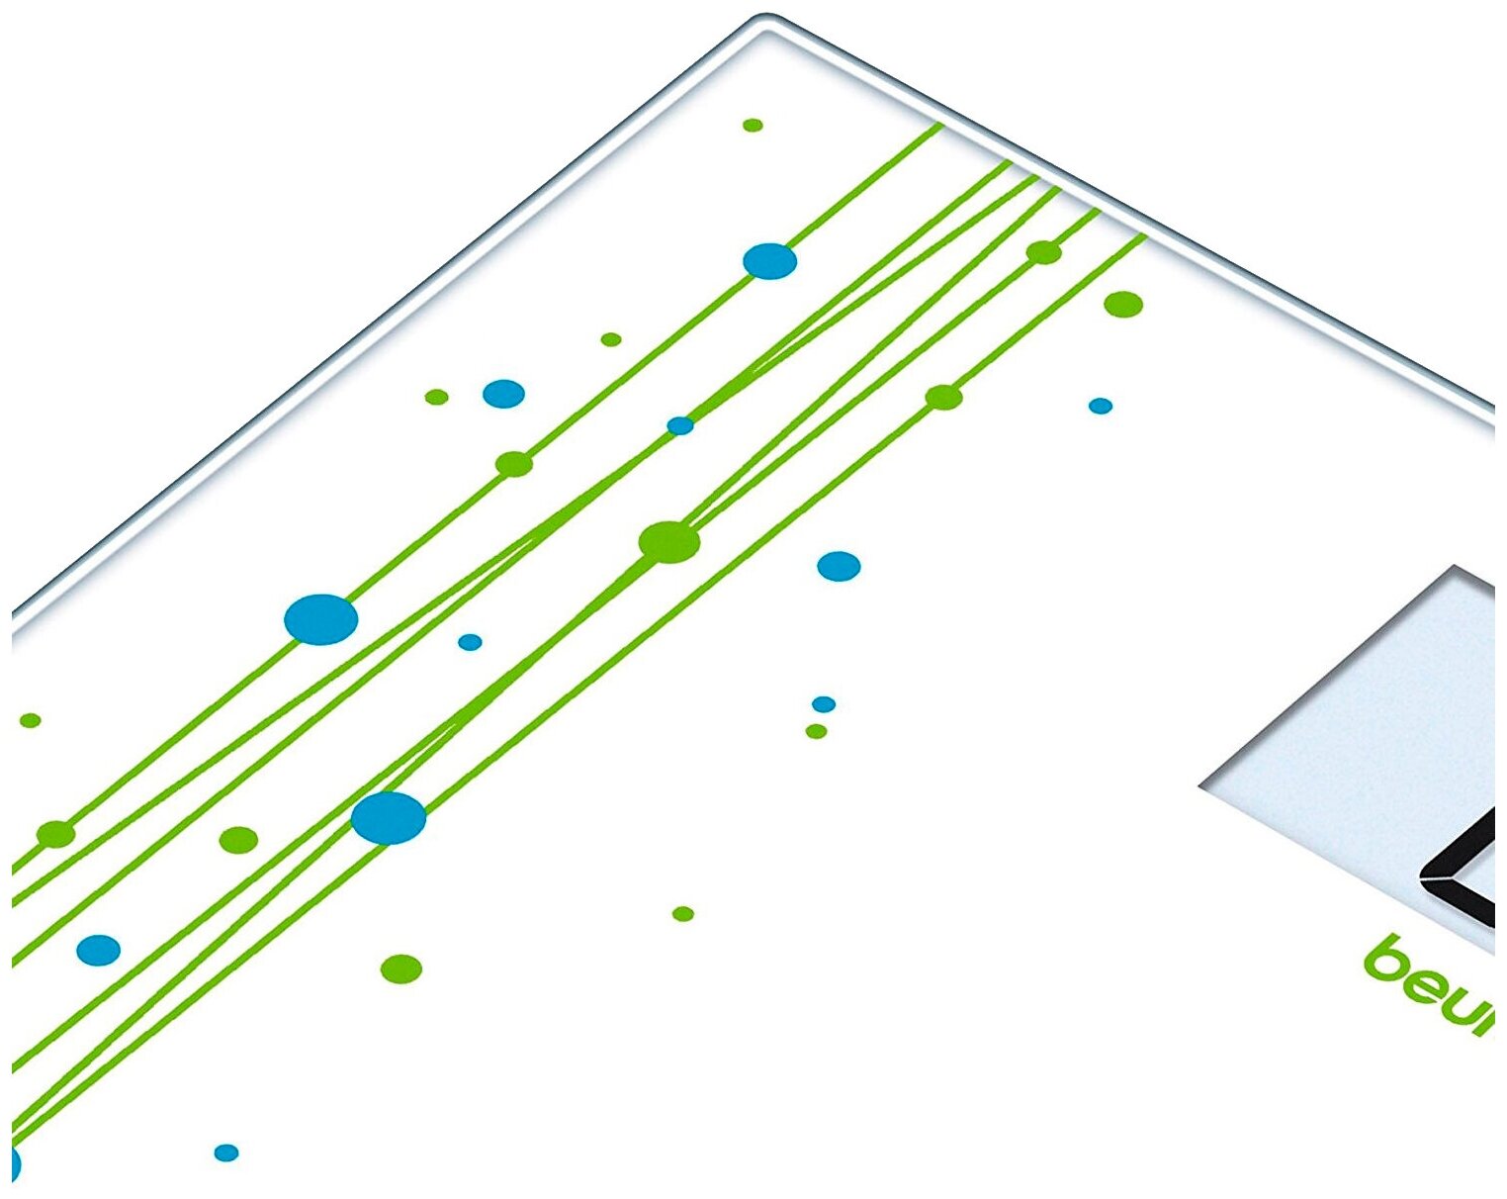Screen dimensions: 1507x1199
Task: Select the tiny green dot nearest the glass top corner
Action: point(753,126)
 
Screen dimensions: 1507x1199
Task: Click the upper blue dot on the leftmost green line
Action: point(769,261)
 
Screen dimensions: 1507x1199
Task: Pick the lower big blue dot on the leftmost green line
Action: point(320,620)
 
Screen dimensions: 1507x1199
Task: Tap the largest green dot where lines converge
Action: point(669,542)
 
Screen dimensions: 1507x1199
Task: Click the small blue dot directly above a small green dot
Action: point(824,704)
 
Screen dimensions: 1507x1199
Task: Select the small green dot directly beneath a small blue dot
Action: point(816,731)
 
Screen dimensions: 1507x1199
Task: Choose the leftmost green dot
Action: point(30,720)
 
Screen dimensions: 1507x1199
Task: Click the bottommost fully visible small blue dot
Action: point(226,1153)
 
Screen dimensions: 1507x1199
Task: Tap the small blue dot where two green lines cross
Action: point(680,425)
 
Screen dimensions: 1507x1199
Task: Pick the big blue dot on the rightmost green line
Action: point(389,818)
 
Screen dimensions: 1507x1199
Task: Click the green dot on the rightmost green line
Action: point(943,398)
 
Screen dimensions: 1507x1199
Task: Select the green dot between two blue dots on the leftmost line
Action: point(514,464)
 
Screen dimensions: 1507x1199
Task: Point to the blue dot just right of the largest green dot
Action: point(839,566)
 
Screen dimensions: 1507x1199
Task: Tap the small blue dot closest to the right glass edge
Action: point(1101,406)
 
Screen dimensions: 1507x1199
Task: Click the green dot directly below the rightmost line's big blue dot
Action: point(401,968)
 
